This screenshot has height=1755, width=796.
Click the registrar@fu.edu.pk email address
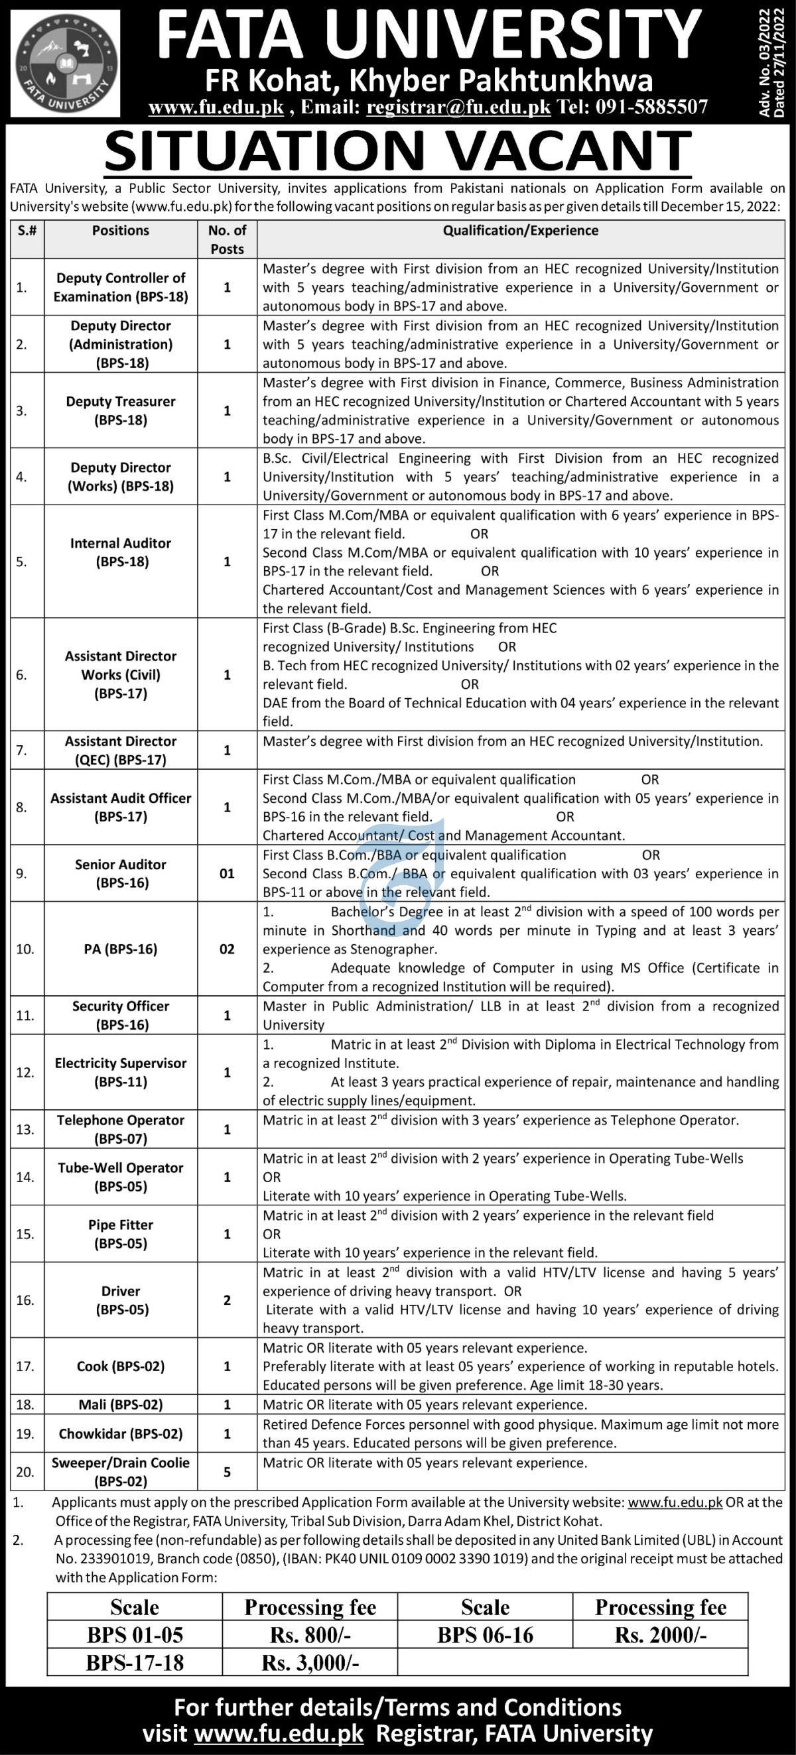(x=458, y=107)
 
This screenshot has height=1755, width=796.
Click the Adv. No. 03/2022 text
(x=764, y=61)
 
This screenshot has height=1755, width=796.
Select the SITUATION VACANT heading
(x=398, y=151)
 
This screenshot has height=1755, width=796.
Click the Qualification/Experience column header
(x=521, y=231)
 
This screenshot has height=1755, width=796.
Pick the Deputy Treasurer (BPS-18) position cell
(x=121, y=411)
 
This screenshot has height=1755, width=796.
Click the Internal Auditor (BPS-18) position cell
(x=121, y=552)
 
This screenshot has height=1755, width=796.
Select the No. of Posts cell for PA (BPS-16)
(x=227, y=949)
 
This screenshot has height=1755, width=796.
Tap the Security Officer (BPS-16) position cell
(x=121, y=1015)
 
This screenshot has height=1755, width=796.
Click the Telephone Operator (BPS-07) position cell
(x=121, y=1129)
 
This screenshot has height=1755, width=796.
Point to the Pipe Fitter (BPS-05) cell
(x=121, y=1234)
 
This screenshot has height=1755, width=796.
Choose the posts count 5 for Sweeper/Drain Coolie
(x=227, y=1473)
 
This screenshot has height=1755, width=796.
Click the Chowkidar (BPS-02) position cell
(x=121, y=1433)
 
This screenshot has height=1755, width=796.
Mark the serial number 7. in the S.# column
(x=22, y=751)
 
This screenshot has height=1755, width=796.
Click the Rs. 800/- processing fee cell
(x=310, y=1635)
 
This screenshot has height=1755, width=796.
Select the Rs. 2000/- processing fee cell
(x=661, y=1635)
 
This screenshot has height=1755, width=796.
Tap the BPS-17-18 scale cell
(x=135, y=1663)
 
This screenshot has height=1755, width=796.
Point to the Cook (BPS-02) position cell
(x=121, y=1366)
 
